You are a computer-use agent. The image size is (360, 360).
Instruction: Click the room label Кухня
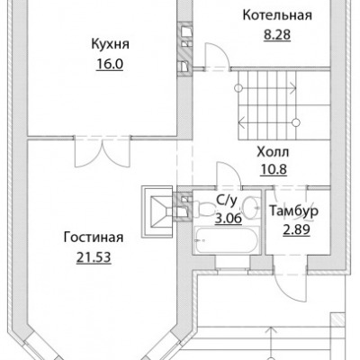tap(110, 45)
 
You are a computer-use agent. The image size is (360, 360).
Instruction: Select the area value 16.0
tap(110, 64)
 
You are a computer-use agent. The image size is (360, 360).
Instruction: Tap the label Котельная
tap(277, 15)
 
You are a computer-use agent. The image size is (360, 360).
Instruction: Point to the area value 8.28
tap(277, 35)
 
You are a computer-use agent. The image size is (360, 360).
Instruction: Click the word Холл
tap(273, 152)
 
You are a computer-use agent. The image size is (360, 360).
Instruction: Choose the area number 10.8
tap(274, 169)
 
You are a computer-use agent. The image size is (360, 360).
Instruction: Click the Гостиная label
tap(94, 238)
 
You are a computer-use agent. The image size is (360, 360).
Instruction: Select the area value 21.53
tap(94, 257)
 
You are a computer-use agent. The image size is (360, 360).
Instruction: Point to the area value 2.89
tap(296, 230)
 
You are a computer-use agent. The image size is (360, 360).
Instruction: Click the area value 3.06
tap(229, 218)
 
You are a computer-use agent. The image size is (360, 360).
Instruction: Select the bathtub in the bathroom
tap(227, 241)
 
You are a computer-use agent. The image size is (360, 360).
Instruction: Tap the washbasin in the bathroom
tap(251, 207)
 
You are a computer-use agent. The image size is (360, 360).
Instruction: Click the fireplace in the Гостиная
tap(158, 211)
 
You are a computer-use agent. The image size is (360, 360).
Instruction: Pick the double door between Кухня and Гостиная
tap(103, 152)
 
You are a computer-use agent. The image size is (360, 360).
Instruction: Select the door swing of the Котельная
tap(217, 57)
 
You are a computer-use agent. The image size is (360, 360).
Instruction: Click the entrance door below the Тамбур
tap(290, 282)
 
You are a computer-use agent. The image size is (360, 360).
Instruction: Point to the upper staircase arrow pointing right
tap(266, 88)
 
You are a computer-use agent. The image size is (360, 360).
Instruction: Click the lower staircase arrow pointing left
tap(268, 122)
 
